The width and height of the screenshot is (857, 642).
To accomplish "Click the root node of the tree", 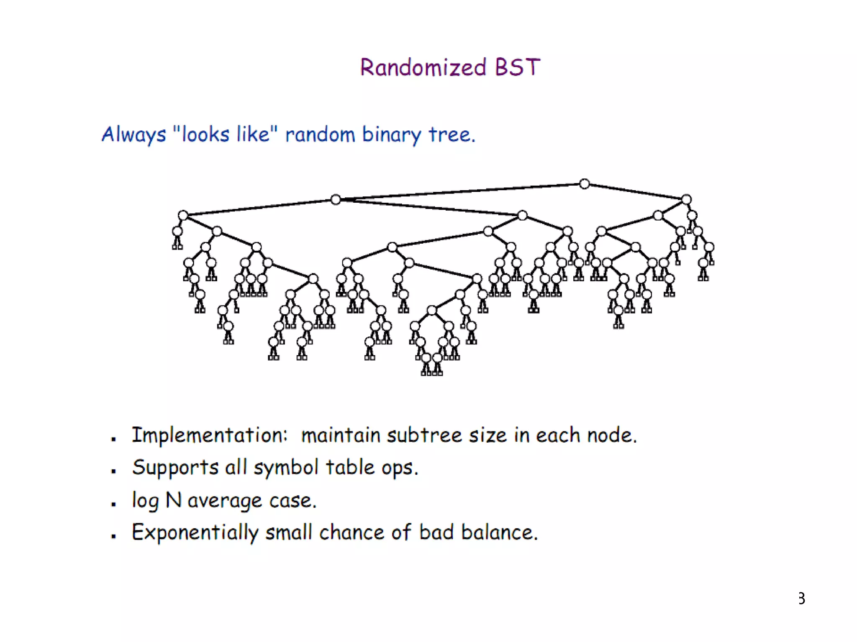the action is coord(584,184).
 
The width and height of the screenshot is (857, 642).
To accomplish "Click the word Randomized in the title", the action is coord(423,67).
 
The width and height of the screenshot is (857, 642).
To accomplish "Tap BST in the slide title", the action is coord(517,67).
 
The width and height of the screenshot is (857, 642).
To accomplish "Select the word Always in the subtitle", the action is coord(134,135).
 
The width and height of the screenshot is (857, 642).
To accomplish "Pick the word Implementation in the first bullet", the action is coord(210,435).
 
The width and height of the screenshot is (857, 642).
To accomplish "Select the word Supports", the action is coord(175,467).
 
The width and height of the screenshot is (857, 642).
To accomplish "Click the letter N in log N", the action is coord(173,499).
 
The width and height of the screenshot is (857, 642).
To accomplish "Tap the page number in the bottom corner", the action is coord(801,599).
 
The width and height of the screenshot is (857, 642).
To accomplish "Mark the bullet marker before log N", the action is coord(113,504).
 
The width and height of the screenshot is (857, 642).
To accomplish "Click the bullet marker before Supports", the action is coord(113,471).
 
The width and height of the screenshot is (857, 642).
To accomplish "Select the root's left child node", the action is coord(335,200).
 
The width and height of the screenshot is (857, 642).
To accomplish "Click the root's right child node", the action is coord(686,199).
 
